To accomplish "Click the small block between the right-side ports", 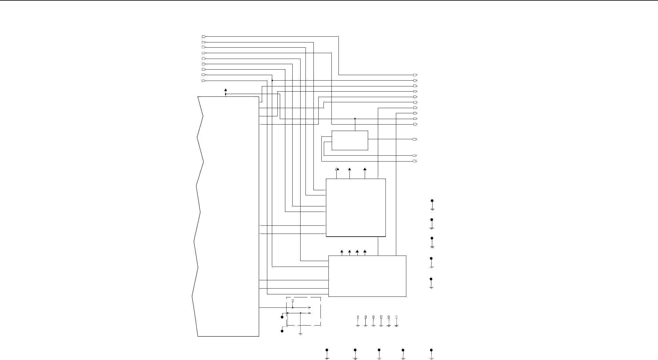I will [x=350, y=140].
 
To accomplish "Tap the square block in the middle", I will [x=356, y=208].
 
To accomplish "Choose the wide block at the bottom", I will [x=367, y=276].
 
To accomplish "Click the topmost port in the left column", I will [x=204, y=37].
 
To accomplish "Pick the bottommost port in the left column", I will [x=204, y=81].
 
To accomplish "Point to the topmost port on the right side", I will [x=415, y=75].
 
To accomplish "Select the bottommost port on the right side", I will [x=415, y=161].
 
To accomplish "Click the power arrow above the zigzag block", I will [x=225, y=90].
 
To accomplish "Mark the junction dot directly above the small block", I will [x=355, y=118].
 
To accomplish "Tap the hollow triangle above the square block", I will [x=336, y=169].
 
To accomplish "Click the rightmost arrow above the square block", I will [x=365, y=169].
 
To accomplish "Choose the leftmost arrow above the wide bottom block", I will [x=342, y=252].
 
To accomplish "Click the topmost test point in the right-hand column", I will [x=432, y=201].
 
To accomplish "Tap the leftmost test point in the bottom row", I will [x=327, y=350].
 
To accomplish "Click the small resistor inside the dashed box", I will [x=293, y=301].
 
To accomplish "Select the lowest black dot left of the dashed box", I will [x=282, y=331].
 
